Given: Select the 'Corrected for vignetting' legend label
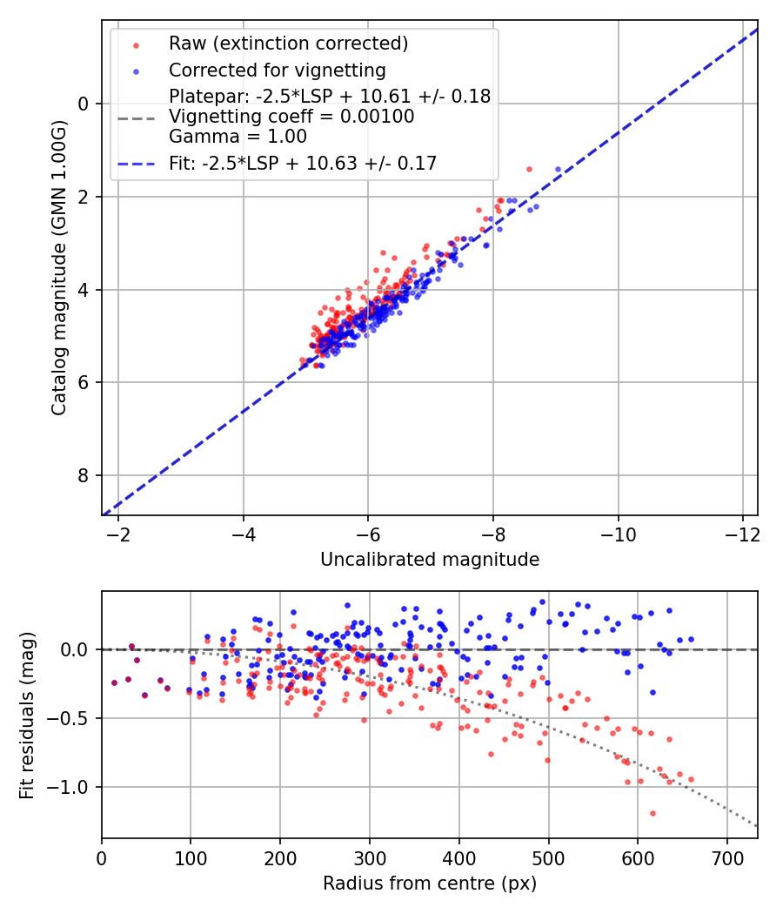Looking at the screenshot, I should coord(277,70).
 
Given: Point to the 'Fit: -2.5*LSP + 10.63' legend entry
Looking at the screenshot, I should coord(303,163).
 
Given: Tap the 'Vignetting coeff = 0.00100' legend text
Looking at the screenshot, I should coord(291,116).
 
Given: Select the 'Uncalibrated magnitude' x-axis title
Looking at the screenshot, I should coord(430,560).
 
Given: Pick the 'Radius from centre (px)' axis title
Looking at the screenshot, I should coord(430,884).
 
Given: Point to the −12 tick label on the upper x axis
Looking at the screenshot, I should coord(743,533).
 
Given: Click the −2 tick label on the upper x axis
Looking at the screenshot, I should coord(118,533).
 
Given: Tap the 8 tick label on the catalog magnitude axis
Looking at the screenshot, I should coord(84,475).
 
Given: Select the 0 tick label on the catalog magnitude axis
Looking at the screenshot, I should coord(84,104).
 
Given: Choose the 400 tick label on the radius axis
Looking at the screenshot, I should coord(459,857).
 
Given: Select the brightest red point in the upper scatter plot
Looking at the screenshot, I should coord(529,169).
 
